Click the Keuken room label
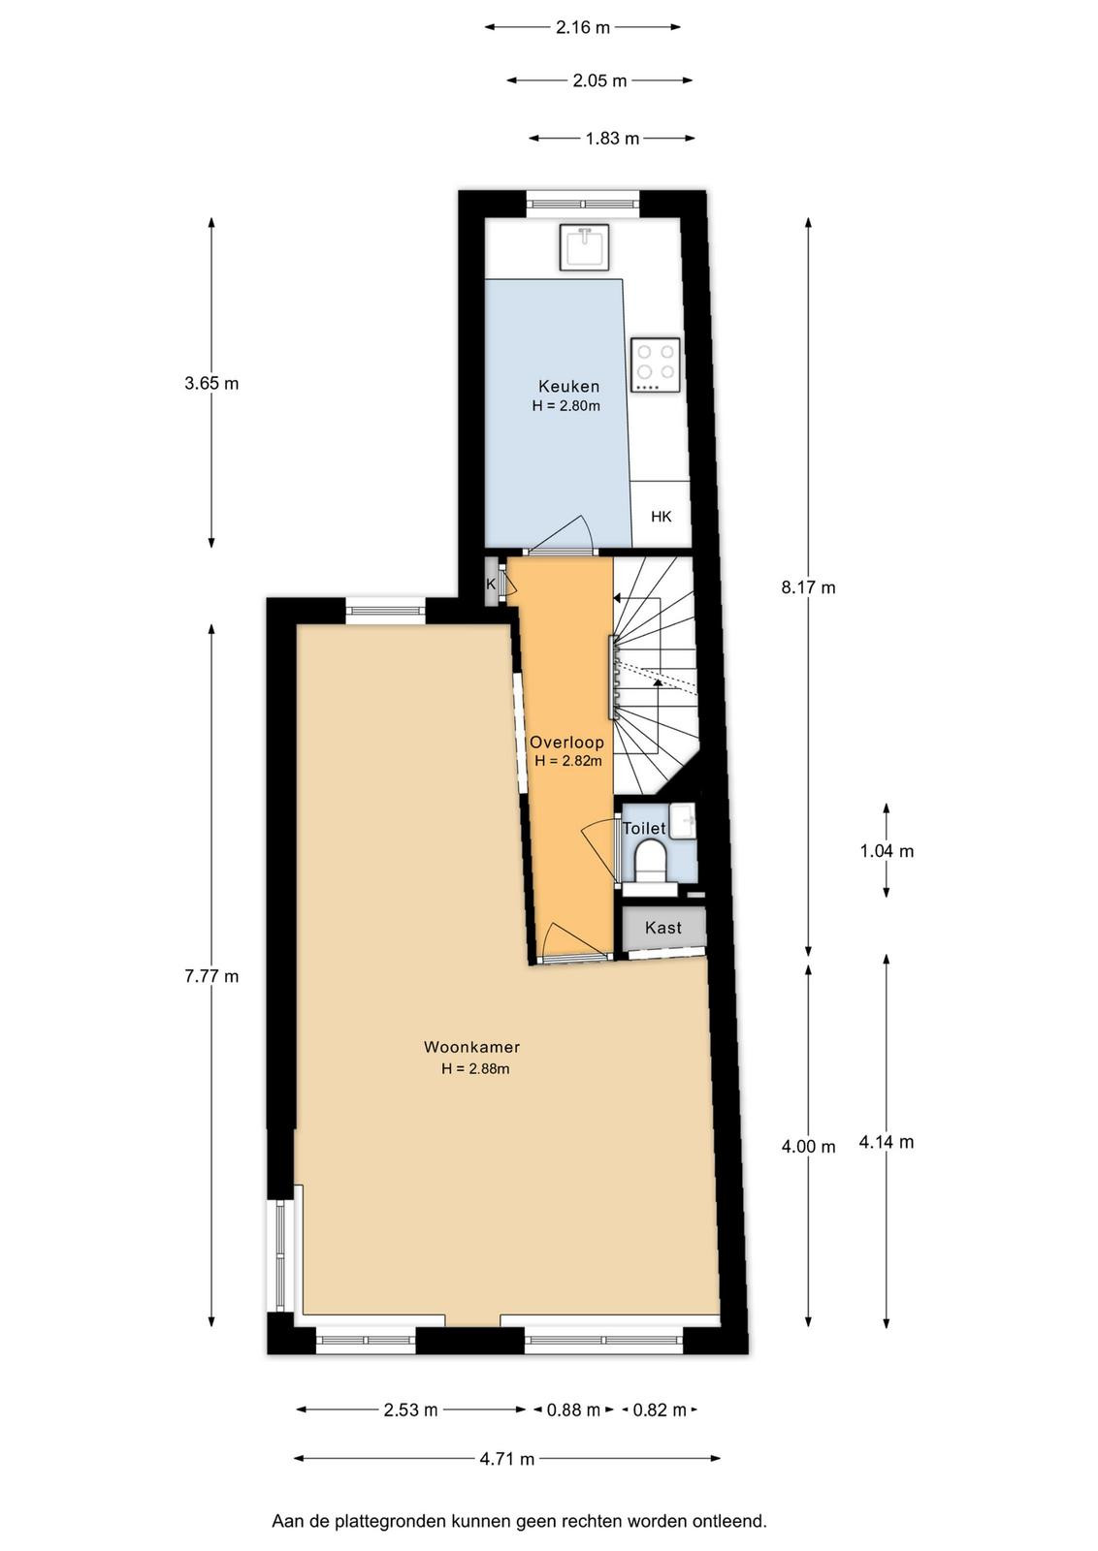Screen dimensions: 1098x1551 [568, 386]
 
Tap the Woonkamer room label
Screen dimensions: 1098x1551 [471, 1047]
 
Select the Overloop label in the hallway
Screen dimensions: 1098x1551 [566, 743]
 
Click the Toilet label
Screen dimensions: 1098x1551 [643, 828]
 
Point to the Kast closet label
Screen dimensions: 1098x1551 [662, 928]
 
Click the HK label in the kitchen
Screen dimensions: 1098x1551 [661, 517]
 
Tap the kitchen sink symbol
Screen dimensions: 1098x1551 [584, 246]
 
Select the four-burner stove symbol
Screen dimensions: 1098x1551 [656, 365]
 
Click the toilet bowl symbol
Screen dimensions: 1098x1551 [651, 863]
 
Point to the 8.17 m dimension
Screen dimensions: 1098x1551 [808, 587]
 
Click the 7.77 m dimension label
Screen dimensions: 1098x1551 [211, 976]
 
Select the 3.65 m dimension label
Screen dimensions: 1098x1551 [211, 383]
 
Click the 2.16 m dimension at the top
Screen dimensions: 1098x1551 [583, 27]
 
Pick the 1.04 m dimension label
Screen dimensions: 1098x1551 [887, 851]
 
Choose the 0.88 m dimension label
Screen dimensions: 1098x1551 [573, 1409]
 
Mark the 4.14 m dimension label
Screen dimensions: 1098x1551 [887, 1143]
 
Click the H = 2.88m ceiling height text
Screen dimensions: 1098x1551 [475, 1068]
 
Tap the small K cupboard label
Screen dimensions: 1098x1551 [491, 584]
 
